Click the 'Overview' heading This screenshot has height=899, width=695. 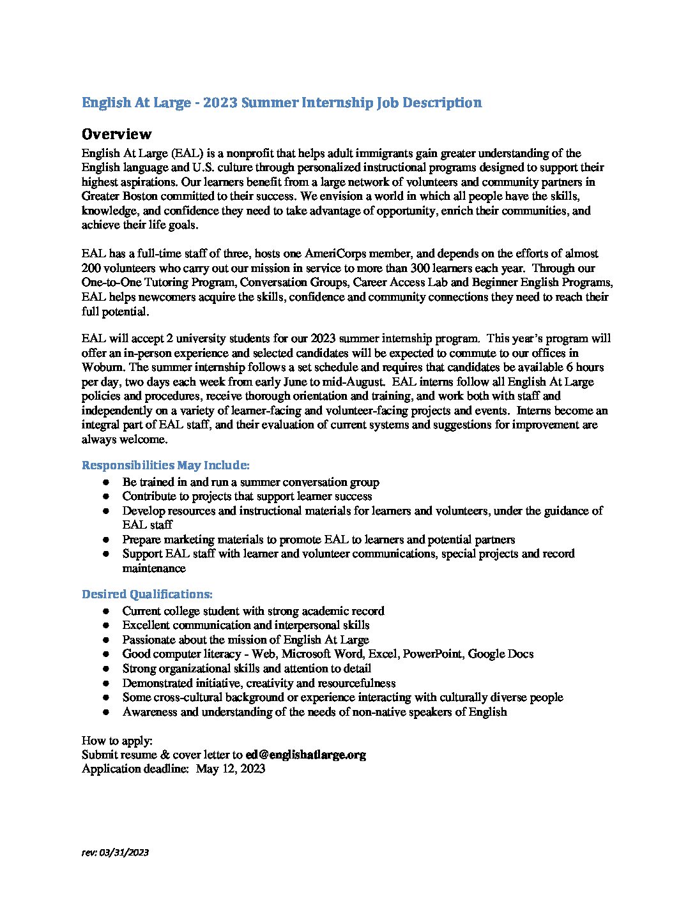point(116,134)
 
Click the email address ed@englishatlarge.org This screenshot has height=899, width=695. point(305,755)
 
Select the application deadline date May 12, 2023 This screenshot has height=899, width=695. point(230,769)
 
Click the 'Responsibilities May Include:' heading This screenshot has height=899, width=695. point(165,465)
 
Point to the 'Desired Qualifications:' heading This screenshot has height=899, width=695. point(147,594)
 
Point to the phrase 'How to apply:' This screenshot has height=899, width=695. point(117,741)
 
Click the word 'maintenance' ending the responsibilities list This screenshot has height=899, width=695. point(154,568)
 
